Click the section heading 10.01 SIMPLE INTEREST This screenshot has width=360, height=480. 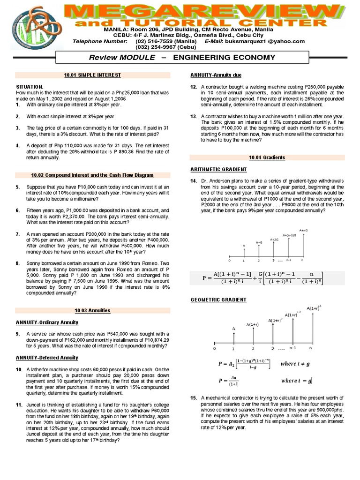coord(92,75)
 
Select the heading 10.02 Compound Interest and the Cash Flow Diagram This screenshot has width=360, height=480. coord(92,175)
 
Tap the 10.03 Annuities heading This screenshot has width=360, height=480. coord(92,310)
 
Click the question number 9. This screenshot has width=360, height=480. coord(17,334)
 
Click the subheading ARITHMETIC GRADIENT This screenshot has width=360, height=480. coord(218,169)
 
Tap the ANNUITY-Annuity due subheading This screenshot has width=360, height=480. coord(216,75)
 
